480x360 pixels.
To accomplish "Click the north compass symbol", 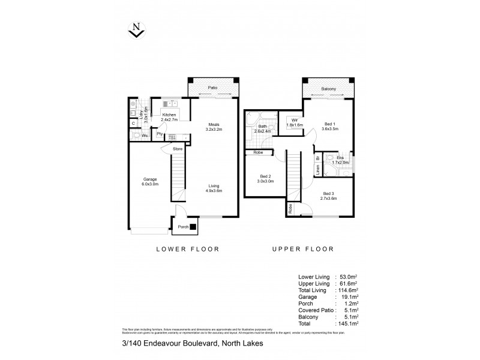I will click(x=137, y=29).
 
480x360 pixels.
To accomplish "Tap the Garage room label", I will click(x=150, y=182).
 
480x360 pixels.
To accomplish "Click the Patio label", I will click(x=212, y=88).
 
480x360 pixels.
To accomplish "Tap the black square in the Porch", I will click(x=193, y=227).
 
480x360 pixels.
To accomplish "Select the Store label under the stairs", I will click(x=178, y=149).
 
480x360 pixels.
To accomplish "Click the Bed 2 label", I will click(x=265, y=179).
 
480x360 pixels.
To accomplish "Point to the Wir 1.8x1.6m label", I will click(x=294, y=122).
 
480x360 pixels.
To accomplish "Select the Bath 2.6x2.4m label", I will click(x=263, y=128).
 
